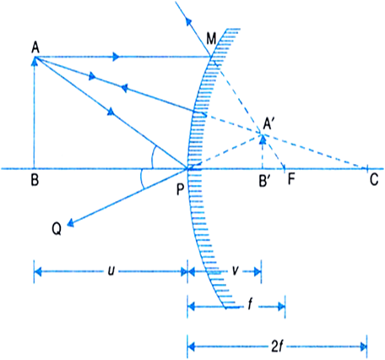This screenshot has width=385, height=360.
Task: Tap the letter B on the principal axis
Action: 35,180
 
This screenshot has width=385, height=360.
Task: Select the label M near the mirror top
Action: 211,39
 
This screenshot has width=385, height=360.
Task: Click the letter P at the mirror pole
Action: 181,189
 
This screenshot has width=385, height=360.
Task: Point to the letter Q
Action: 57,229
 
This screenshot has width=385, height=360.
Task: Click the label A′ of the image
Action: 268,124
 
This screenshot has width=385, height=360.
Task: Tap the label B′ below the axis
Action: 264,181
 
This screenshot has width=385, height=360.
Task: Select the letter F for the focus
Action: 291,180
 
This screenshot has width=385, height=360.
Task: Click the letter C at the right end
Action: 374,180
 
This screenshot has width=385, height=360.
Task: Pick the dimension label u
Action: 111,271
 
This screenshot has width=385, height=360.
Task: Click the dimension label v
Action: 235,271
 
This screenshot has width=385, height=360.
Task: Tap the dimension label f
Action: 250,305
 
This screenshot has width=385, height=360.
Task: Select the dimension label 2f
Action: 277,347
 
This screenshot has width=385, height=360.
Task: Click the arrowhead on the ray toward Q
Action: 71,223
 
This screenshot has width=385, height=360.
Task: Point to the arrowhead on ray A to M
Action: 116,57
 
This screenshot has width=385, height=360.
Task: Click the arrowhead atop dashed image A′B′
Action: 263,139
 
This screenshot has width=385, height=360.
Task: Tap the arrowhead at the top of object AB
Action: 35,61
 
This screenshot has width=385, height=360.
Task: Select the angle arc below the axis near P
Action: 141,179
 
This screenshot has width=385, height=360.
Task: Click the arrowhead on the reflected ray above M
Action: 188,22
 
